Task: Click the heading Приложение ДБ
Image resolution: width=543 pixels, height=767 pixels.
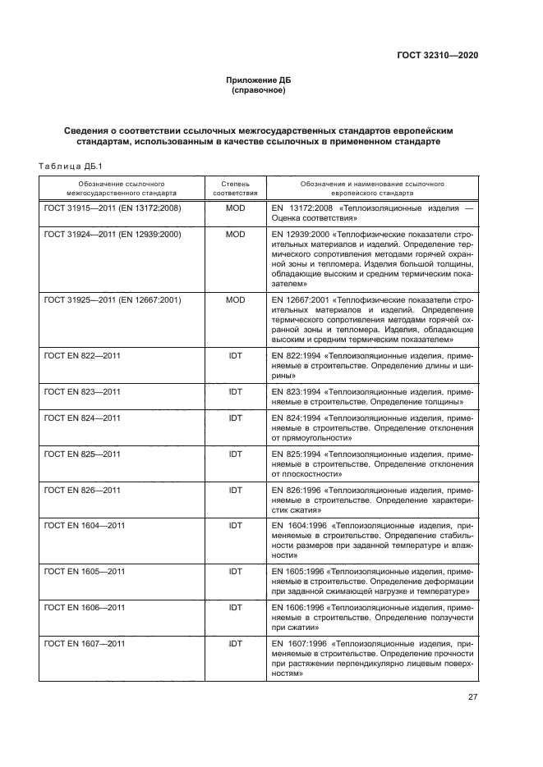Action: tap(259, 80)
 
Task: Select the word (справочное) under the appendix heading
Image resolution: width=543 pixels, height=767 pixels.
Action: tap(259, 90)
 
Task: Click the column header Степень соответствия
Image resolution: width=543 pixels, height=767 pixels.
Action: tap(236, 189)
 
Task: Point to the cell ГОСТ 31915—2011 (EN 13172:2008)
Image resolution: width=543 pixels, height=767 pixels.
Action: tap(113, 208)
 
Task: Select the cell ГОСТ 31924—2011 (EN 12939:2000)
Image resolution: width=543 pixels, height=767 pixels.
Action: tap(113, 235)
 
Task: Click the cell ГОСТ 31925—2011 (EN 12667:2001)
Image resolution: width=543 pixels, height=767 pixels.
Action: tap(113, 300)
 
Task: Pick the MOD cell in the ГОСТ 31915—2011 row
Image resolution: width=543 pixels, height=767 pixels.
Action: tap(236, 208)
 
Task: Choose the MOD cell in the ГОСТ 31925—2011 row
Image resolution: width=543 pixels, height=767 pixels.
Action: tap(236, 300)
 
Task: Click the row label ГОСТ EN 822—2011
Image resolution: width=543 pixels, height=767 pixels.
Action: tap(83, 356)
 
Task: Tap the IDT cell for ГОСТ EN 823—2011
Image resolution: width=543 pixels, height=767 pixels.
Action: tap(236, 392)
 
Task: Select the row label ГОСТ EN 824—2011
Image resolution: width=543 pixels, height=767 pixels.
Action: tap(83, 418)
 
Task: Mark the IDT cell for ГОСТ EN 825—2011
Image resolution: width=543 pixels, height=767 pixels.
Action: tap(236, 454)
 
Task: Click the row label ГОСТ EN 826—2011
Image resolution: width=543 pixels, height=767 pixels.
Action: tap(83, 490)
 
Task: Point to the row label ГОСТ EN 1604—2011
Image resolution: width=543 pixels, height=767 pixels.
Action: tap(85, 525)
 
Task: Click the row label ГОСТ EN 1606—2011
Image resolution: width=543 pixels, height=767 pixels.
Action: tap(85, 607)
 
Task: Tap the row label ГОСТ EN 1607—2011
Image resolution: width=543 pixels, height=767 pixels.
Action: tap(85, 643)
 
